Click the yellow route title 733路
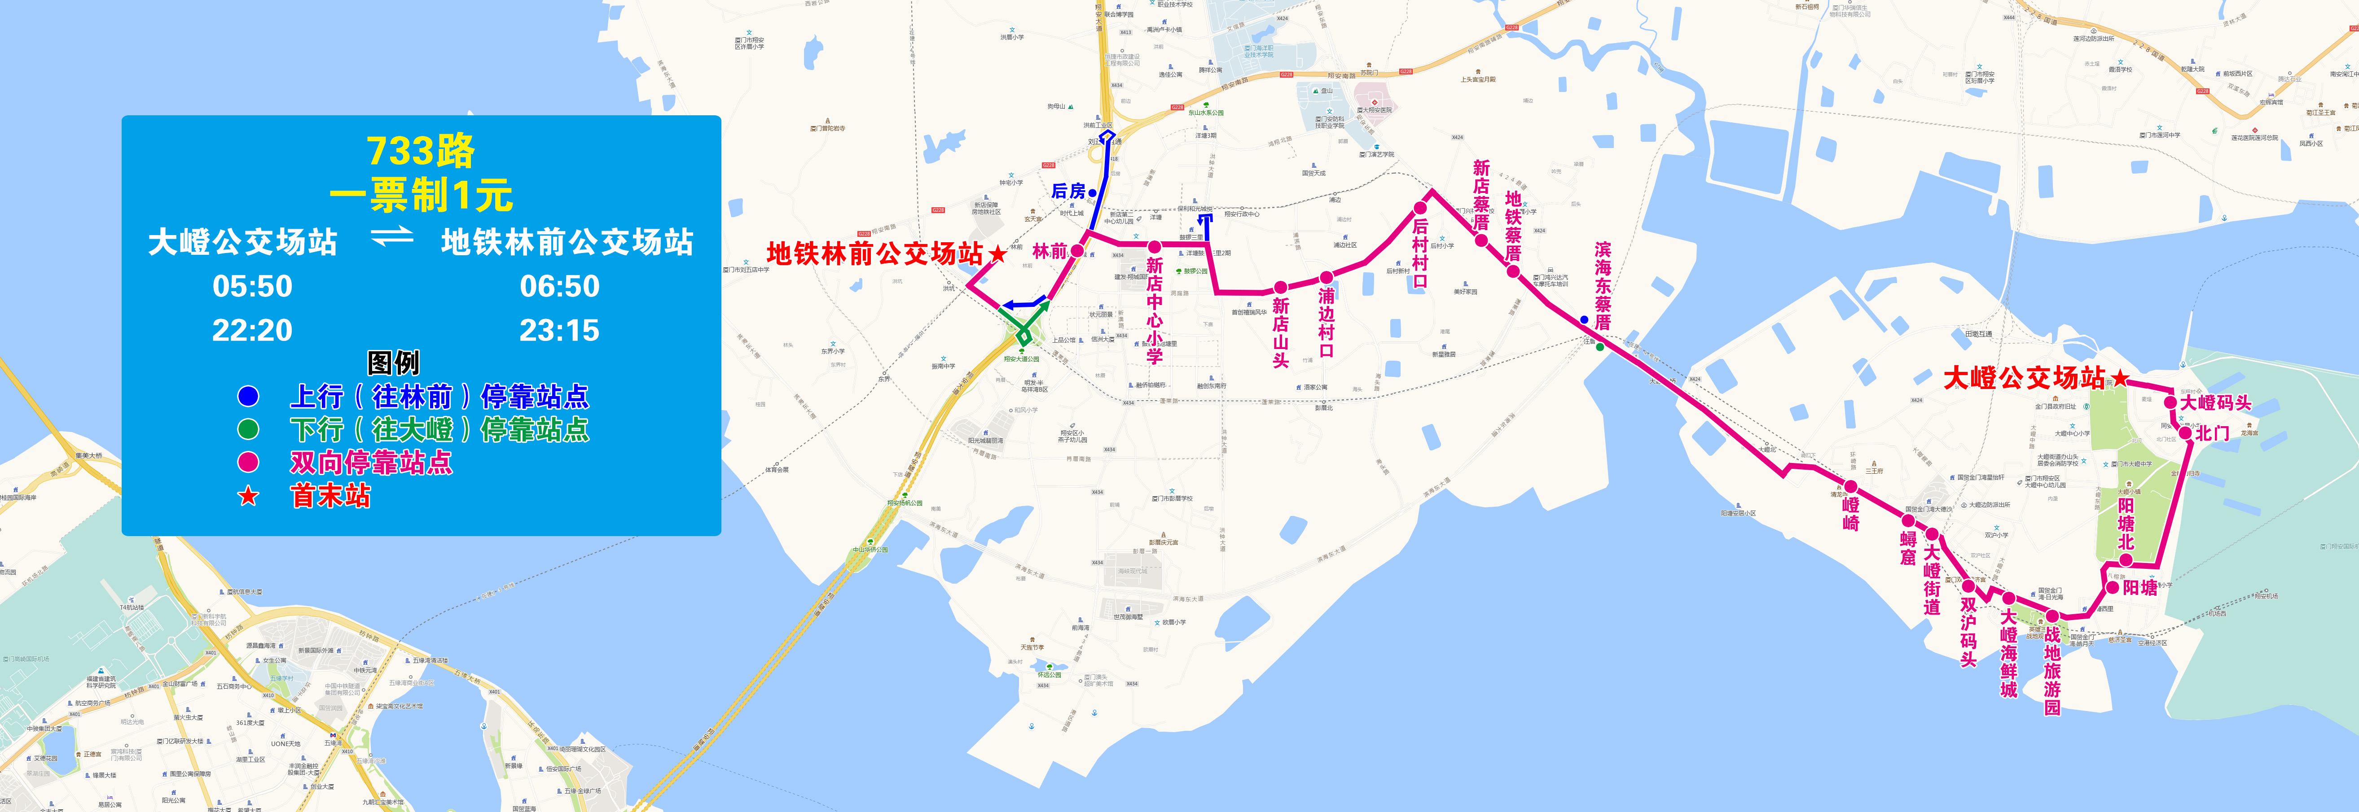pyautogui.click(x=420, y=151)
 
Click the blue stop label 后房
pyautogui.click(x=1068, y=191)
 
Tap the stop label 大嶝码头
pyautogui.click(x=2215, y=403)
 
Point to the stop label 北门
pyautogui.click(x=2213, y=433)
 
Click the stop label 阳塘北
pyautogui.click(x=2126, y=524)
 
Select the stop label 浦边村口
pyautogui.click(x=1326, y=322)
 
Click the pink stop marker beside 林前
pyautogui.click(x=1078, y=250)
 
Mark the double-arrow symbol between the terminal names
pyautogui.click(x=392, y=238)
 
